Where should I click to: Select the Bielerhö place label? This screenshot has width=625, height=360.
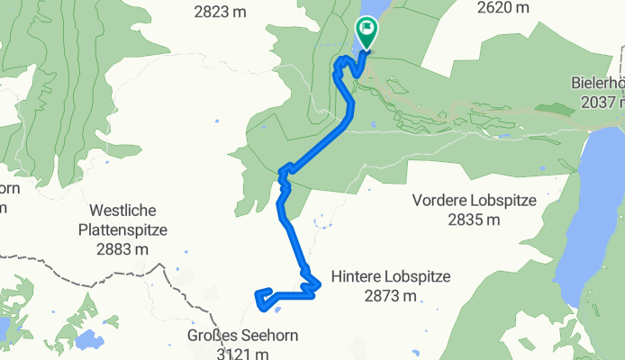[598, 83]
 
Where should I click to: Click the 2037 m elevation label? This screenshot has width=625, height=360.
[598, 101]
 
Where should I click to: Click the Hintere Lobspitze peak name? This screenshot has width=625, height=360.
[391, 276]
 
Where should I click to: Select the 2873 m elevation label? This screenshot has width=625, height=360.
[391, 294]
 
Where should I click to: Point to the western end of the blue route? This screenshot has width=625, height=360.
[258, 293]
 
